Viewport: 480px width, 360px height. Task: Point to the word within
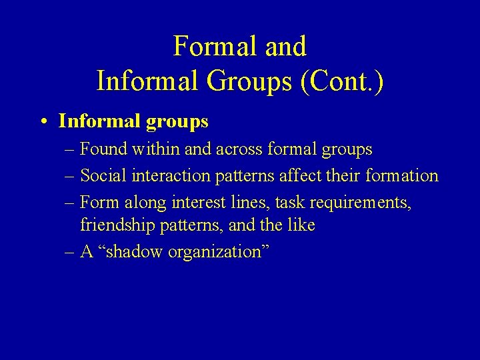156,150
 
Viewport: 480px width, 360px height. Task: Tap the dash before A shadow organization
71,252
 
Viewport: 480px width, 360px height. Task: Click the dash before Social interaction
71,176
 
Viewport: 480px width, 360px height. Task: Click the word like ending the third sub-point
301,225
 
